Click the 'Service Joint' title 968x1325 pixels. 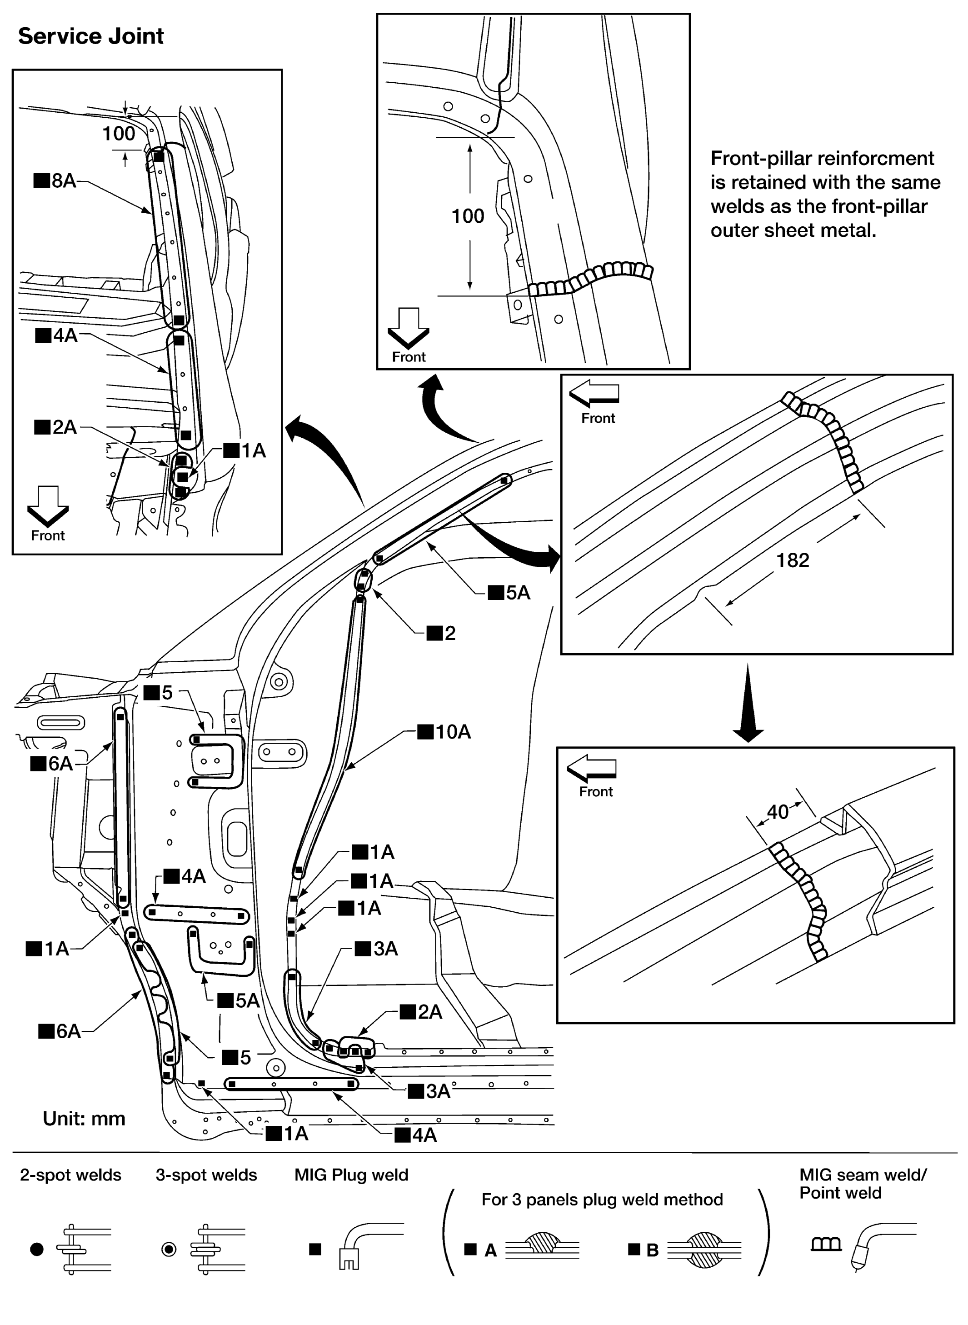click(x=91, y=36)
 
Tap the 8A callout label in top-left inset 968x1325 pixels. click(x=56, y=180)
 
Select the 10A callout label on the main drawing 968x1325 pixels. click(x=445, y=732)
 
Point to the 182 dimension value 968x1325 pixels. click(x=792, y=560)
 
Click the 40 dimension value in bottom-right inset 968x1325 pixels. click(x=778, y=812)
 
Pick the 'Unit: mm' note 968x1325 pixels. click(x=84, y=1119)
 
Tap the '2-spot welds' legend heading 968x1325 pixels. click(x=70, y=1175)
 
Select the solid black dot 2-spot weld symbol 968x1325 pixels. click(x=36, y=1250)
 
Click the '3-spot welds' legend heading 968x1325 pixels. click(x=206, y=1175)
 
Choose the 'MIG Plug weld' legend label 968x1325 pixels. click(x=351, y=1175)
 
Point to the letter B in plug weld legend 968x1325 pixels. click(x=652, y=1250)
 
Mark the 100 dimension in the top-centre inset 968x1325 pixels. click(x=468, y=216)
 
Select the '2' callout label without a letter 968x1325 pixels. click(x=442, y=633)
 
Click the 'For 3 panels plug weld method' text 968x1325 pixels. click(x=602, y=1200)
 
